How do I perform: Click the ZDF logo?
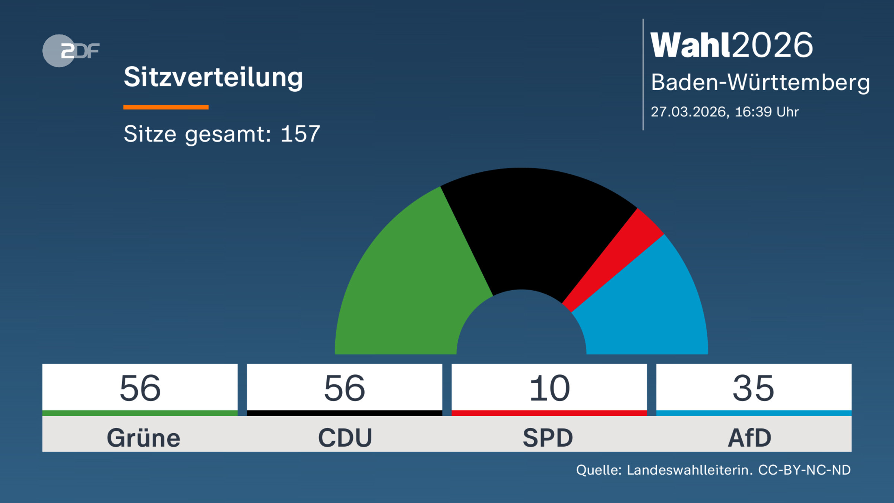click(71, 51)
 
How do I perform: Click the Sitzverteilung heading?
click(213, 77)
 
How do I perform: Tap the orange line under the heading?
click(166, 107)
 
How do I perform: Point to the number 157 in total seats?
click(300, 134)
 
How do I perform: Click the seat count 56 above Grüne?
click(140, 388)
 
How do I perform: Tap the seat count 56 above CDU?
click(345, 388)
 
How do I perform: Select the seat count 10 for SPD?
click(549, 388)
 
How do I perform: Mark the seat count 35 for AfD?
click(754, 388)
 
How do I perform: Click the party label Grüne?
click(143, 437)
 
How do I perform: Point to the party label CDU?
click(345, 437)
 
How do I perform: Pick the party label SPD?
click(548, 437)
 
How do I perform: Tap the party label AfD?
click(750, 437)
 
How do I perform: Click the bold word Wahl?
click(689, 45)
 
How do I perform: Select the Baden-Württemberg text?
click(760, 82)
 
